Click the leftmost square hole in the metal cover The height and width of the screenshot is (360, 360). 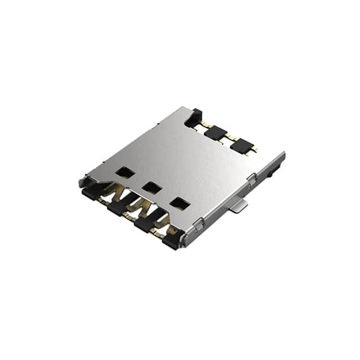[x=125, y=172]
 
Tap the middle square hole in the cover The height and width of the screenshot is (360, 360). [x=152, y=187]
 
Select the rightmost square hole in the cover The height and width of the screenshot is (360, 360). [x=180, y=203]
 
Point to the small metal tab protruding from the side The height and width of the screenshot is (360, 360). [x=238, y=206]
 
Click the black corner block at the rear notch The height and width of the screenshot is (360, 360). [x=193, y=118]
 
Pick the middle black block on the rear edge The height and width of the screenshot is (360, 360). [x=215, y=133]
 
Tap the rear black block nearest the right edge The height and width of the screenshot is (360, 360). [x=241, y=146]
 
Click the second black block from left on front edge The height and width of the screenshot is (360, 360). [x=118, y=209]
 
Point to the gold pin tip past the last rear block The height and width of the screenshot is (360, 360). [x=254, y=150]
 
